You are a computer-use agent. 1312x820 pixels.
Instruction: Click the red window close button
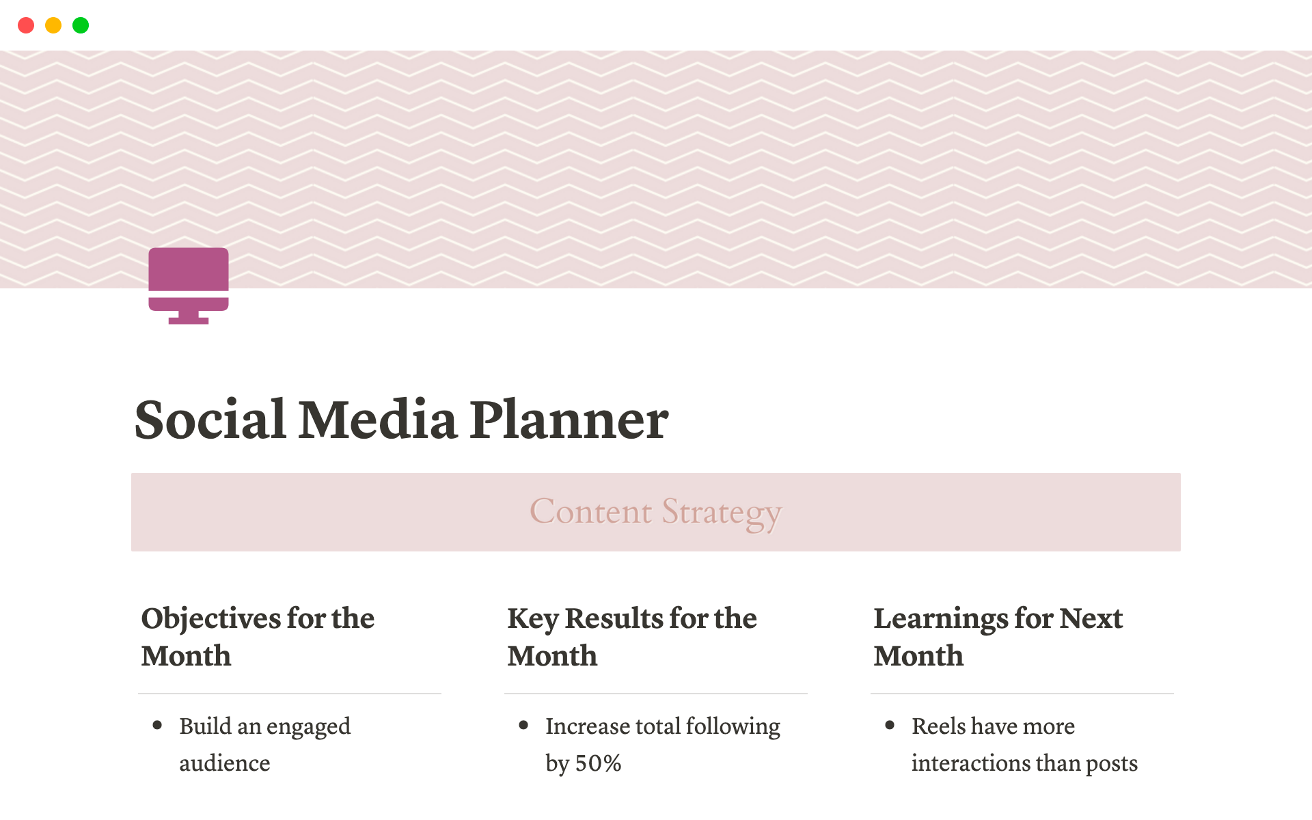(26, 25)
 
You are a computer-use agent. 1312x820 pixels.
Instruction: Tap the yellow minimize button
(53, 25)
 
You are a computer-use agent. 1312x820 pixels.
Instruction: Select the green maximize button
(81, 25)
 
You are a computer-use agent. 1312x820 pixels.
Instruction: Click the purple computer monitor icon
(189, 285)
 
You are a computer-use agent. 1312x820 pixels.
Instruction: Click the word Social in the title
(210, 420)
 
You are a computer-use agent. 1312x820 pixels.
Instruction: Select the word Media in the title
(378, 420)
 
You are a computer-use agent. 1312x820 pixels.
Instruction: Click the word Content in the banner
(591, 512)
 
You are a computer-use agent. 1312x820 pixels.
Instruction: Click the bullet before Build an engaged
(157, 725)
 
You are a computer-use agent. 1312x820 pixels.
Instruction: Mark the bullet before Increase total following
(523, 725)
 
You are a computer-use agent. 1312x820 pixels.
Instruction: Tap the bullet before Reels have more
(890, 725)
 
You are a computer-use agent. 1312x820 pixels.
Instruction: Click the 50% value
(599, 763)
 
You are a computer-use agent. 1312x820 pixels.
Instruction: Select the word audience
(225, 763)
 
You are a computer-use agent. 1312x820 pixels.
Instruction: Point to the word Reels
(939, 726)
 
